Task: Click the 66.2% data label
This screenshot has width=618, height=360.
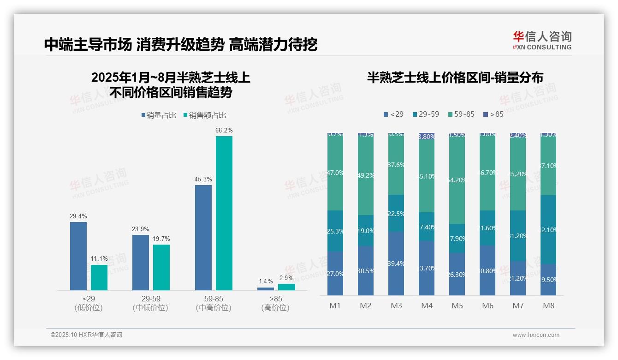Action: [x=224, y=131]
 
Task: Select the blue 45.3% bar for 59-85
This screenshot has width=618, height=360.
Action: [x=203, y=237]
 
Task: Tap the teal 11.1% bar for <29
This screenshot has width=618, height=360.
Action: [x=99, y=277]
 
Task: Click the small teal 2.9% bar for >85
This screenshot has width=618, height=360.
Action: [x=286, y=287]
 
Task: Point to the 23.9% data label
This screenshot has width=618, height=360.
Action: [x=141, y=229]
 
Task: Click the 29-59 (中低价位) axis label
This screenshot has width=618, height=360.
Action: [x=150, y=303]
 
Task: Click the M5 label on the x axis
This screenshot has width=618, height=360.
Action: [x=457, y=306]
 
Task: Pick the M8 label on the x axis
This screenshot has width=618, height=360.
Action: [x=548, y=306]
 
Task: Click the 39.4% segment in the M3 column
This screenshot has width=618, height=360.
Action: [x=396, y=263]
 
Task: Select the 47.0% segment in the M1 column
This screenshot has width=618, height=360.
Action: [x=335, y=173]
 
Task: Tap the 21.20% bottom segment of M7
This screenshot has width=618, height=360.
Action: [x=518, y=278]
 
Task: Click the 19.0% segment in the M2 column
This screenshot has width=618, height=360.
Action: [x=366, y=230]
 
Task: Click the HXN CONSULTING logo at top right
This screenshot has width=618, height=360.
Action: [x=542, y=41]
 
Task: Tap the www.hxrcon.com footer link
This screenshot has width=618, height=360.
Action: [x=535, y=335]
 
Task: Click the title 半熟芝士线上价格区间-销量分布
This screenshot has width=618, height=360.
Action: [x=455, y=78]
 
